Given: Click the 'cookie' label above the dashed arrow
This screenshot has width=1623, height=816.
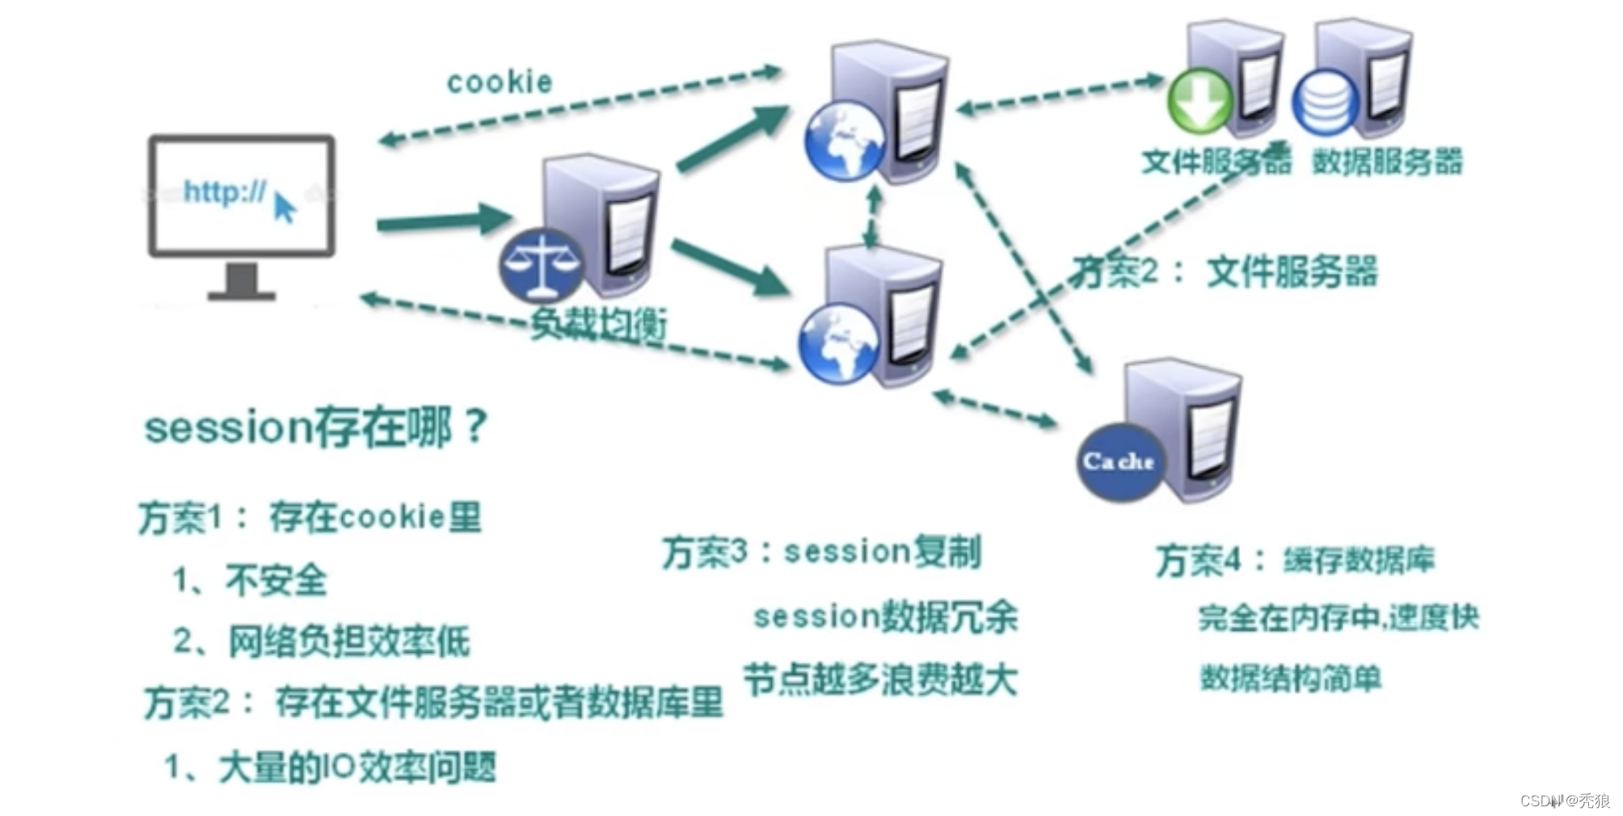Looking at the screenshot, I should coord(500,82).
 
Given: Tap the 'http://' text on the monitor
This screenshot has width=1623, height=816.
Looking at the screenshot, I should coord(224,191).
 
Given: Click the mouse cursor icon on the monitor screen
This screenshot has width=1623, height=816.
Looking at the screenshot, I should coord(284,207).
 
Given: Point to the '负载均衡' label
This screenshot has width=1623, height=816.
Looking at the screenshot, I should coord(599,325).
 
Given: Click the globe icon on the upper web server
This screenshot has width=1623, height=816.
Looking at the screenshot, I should coord(845,140).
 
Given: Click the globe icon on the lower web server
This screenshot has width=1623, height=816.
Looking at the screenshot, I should coord(839,343).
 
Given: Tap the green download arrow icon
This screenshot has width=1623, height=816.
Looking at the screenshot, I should coord(1199,101).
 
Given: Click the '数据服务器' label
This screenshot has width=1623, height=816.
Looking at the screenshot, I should coord(1387,161).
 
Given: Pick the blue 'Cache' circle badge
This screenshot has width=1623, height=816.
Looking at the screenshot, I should coord(1119,461).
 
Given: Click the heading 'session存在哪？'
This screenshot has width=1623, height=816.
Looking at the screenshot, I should coord(316,426).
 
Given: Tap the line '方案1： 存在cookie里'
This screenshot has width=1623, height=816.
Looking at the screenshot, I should coord(310,517).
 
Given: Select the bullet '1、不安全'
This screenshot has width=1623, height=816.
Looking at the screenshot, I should coord(250,580).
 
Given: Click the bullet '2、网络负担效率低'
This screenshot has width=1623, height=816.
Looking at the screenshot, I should coord(321,641).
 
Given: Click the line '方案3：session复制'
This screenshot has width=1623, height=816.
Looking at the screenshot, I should coord(821,552).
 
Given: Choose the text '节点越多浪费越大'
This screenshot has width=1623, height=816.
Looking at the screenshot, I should coord(879,679).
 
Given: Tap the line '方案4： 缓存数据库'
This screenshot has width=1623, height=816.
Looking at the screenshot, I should coord(1295,560).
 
